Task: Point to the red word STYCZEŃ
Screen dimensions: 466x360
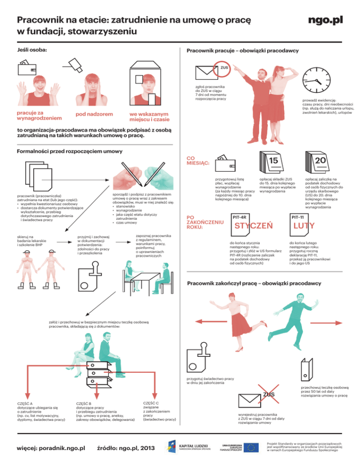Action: (254, 226)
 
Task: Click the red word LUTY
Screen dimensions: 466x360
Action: (303, 226)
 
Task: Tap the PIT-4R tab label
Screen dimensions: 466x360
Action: (240, 217)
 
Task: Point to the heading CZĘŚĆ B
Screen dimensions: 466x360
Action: (84, 403)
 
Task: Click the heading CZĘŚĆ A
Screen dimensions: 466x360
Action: (25, 403)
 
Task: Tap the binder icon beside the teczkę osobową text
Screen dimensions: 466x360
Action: (305, 365)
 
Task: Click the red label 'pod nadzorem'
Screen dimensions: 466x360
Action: (94, 115)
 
